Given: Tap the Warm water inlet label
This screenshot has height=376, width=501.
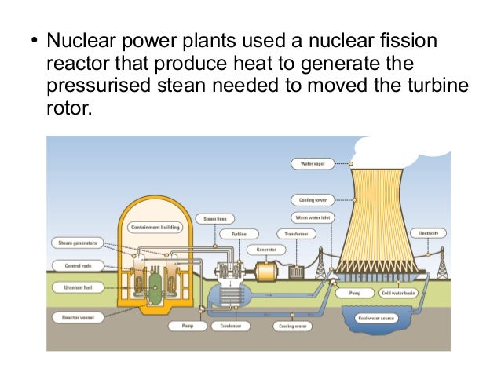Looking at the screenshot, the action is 312,217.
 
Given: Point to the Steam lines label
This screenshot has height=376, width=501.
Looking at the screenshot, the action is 215,218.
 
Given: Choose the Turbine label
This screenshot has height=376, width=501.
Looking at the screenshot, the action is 239,234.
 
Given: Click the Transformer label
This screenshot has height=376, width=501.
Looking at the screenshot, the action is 296,234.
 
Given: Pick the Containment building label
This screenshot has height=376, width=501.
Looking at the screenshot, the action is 155,228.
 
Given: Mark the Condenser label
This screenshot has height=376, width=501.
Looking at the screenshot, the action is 230,325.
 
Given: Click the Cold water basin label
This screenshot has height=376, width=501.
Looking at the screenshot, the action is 397,293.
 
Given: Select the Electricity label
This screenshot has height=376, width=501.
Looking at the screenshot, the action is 429,233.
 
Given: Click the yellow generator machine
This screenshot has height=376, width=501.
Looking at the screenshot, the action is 272,271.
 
